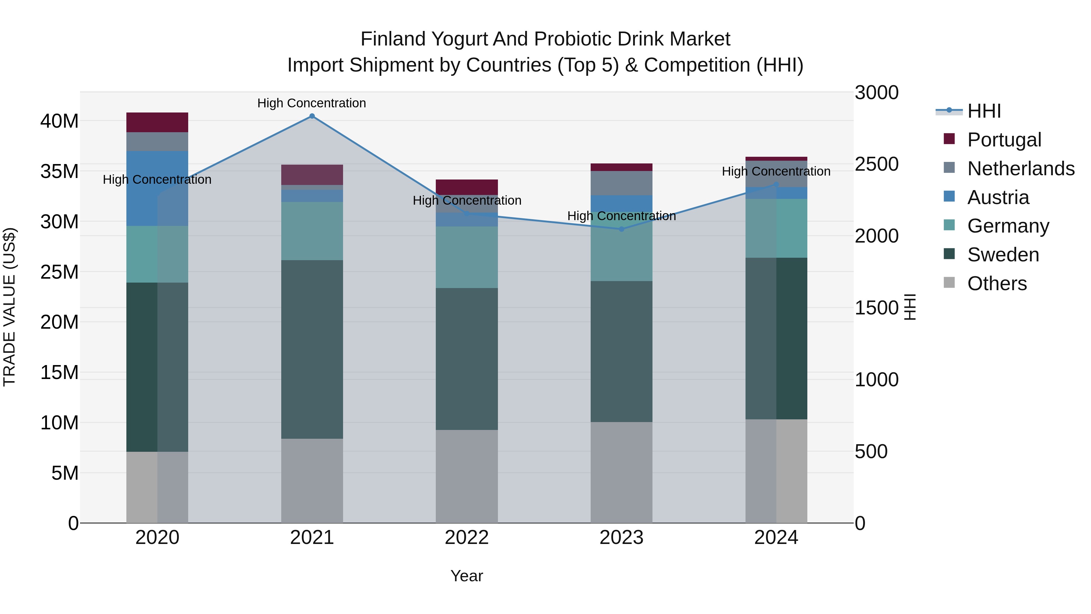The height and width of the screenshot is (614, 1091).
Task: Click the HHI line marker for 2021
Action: click(x=312, y=116)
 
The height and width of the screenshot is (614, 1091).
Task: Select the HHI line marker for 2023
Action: click(x=621, y=229)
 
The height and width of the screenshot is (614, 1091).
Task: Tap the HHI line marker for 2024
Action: click(x=776, y=184)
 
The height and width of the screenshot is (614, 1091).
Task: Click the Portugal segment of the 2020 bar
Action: click(x=157, y=122)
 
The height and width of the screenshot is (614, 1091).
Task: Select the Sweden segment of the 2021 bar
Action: click(x=312, y=349)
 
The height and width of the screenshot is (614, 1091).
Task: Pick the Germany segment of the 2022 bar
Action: click(x=467, y=257)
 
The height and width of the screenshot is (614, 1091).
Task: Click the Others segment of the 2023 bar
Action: click(x=621, y=472)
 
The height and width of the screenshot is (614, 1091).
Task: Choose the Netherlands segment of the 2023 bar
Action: click(x=621, y=183)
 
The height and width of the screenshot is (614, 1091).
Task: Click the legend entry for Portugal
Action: click(x=1004, y=140)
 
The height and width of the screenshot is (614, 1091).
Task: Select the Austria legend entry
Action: click(x=998, y=197)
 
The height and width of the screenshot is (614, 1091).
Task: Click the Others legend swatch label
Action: click(x=996, y=284)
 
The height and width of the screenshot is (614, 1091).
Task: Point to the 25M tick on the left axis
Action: click(x=59, y=272)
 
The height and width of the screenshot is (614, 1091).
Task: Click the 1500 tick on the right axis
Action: click(x=876, y=308)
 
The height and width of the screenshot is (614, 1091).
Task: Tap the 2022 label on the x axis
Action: click(x=467, y=538)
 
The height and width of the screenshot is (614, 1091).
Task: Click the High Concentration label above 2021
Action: click(x=312, y=103)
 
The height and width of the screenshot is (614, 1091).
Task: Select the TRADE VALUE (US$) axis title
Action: click(x=9, y=307)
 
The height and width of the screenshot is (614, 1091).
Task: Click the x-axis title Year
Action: click(x=467, y=576)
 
